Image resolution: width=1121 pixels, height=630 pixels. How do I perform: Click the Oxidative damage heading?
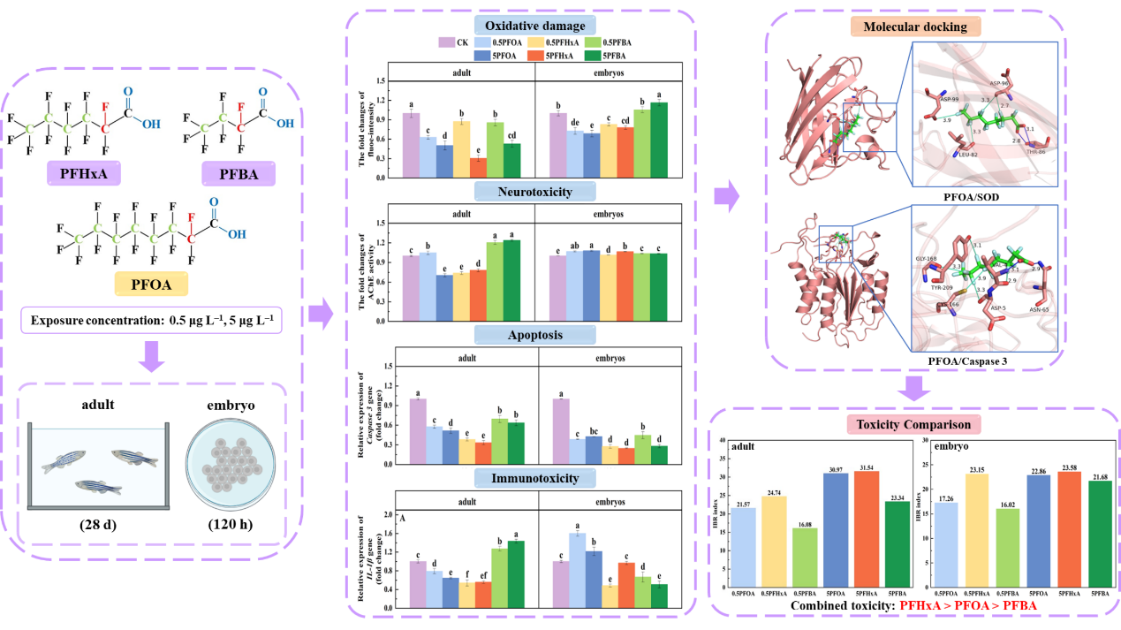pos(535,25)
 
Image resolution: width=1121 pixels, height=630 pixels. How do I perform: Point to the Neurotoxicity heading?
pos(535,191)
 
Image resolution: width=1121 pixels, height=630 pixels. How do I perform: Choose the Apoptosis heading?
pos(535,335)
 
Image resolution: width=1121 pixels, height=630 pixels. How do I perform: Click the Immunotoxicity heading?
pos(535,479)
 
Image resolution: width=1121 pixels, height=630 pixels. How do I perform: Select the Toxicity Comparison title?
pos(914,424)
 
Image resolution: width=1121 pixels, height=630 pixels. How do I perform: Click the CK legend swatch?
pos(446,42)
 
